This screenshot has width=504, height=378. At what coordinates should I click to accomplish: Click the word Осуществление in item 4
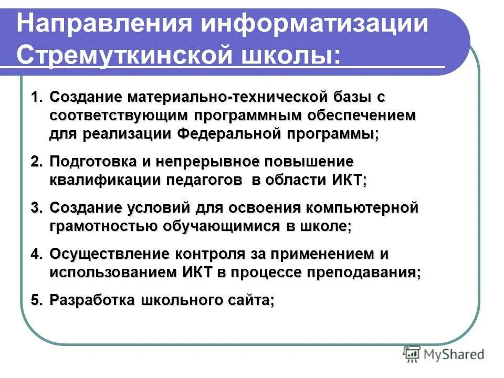[x=105, y=254]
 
